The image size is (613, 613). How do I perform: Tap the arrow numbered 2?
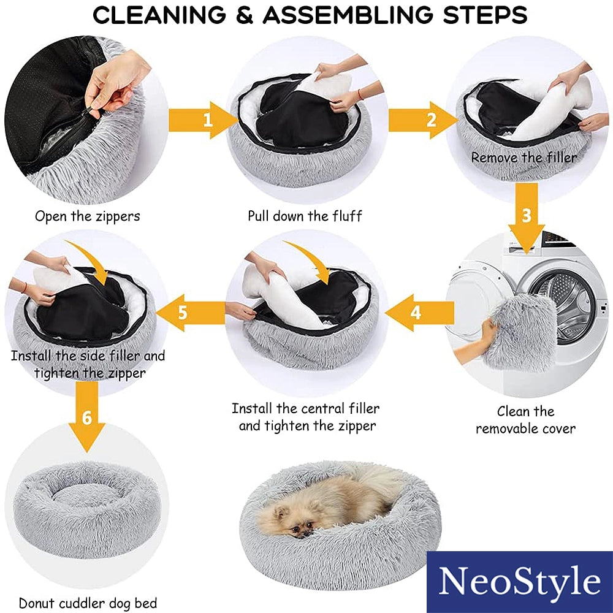423,120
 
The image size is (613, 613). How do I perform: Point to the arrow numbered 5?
190,313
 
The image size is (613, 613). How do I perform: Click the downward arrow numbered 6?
87,417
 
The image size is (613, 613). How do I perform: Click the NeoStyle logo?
520,582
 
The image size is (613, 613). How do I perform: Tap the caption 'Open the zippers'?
87,216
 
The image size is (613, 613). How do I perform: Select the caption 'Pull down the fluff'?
305,216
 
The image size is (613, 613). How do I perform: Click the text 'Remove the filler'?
524,158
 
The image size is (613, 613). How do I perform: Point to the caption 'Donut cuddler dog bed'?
88,603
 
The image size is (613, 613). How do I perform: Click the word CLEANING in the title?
159,15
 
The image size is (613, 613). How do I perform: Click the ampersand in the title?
245,15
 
